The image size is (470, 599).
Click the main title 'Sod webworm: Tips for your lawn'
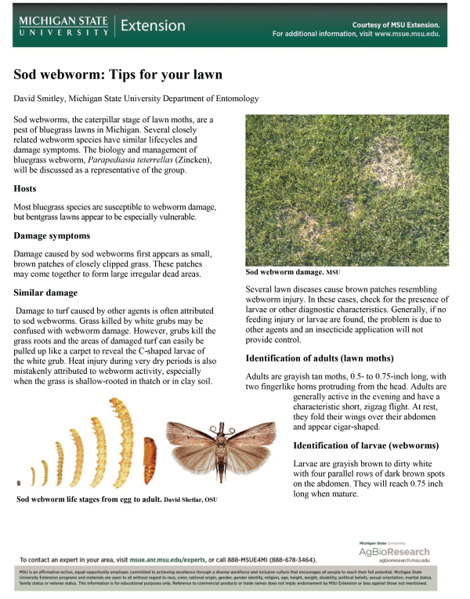(118, 75)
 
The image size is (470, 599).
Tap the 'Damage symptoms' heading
(52, 235)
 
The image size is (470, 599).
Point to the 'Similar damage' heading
(45, 293)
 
